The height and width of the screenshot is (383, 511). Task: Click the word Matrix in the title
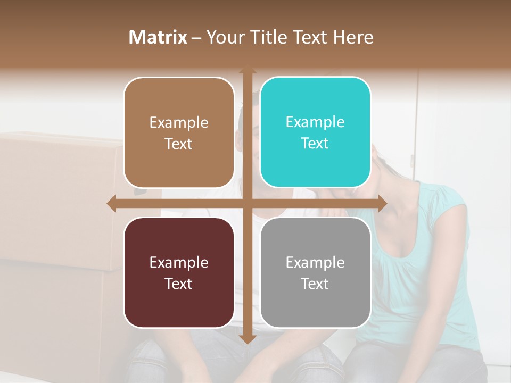point(158,37)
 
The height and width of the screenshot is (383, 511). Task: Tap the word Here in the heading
point(353,37)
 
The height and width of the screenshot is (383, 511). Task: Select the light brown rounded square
point(179,133)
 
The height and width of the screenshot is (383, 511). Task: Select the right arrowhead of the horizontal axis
point(382,203)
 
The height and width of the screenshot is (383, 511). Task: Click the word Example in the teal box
point(315,122)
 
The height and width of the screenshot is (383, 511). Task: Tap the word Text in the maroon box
point(178,284)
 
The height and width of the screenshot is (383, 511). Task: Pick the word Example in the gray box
point(315,262)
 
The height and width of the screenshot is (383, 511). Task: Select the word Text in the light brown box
point(178,144)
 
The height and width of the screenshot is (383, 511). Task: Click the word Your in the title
point(222,37)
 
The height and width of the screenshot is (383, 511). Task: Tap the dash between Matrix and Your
point(196,38)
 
